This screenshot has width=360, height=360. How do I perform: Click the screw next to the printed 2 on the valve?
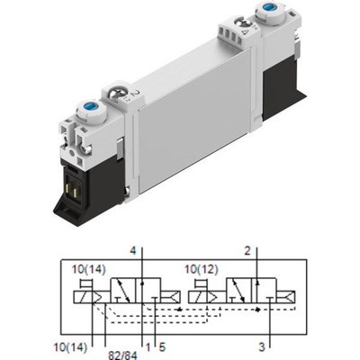114,91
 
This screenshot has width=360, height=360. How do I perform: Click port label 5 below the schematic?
162,343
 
